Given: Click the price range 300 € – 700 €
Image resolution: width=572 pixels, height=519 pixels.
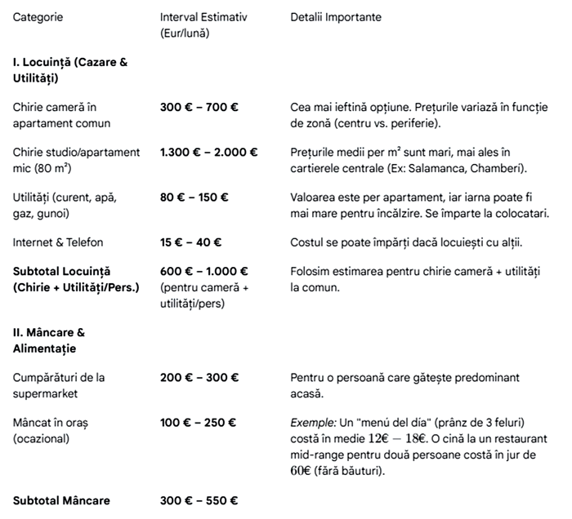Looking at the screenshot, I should point(199,107).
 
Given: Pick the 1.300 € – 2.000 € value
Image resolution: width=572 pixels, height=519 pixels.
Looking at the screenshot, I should point(208,152).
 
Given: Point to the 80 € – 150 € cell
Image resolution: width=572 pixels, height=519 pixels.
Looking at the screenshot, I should point(194,197).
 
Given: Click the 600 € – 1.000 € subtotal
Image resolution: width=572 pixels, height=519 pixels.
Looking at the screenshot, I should point(204,271).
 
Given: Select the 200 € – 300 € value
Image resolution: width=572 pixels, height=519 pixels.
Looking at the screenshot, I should point(199,378).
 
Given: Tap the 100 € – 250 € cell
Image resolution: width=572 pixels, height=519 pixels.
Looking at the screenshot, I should point(199,423).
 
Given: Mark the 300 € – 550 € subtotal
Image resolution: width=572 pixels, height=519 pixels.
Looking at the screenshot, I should point(199,500).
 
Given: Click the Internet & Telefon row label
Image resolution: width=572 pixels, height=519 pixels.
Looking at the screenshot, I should point(58,242).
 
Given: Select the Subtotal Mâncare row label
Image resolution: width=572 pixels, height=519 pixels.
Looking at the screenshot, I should point(61,500).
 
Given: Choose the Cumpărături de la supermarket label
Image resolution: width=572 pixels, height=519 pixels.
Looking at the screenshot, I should point(59,385).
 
